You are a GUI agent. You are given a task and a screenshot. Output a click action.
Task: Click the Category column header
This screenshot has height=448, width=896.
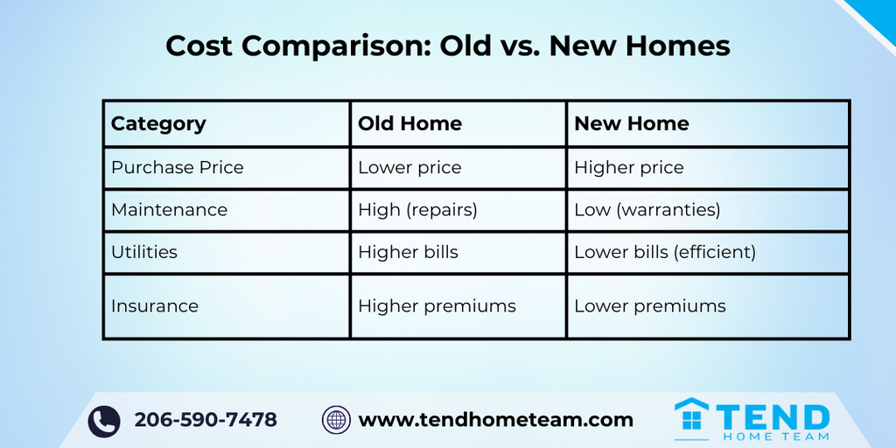pyautogui.click(x=158, y=124)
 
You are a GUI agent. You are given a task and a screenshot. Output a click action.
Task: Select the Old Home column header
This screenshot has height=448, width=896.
pyautogui.click(x=409, y=124)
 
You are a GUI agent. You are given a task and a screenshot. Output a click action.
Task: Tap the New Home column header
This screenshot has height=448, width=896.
pyautogui.click(x=632, y=124)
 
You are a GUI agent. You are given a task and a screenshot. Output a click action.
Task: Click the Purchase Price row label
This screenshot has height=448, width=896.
pyautogui.click(x=177, y=167)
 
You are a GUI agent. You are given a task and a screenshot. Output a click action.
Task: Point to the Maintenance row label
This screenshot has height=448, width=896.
pyautogui.click(x=169, y=210)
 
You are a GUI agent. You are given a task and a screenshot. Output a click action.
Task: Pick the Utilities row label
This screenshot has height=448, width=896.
pyautogui.click(x=144, y=252)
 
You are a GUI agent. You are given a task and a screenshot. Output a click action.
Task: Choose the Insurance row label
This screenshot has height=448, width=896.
pyautogui.click(x=154, y=305)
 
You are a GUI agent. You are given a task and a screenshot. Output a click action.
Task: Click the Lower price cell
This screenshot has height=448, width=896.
pyautogui.click(x=409, y=167)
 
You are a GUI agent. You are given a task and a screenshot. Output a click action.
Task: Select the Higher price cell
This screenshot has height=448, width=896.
pyautogui.click(x=628, y=167)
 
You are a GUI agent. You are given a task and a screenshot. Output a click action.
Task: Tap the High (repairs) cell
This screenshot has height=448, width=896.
pyautogui.click(x=417, y=210)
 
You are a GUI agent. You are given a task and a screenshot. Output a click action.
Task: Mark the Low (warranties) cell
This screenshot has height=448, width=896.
pyautogui.click(x=647, y=210)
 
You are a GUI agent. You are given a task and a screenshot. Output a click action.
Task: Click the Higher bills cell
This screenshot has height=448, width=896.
pyautogui.click(x=408, y=253)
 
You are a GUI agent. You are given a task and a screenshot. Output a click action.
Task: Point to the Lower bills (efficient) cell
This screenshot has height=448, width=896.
pyautogui.click(x=665, y=253)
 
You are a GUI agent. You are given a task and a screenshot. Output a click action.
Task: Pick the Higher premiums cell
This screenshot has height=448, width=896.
pyautogui.click(x=437, y=306)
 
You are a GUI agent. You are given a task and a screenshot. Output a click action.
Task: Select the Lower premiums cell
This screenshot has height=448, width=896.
pyautogui.click(x=650, y=306)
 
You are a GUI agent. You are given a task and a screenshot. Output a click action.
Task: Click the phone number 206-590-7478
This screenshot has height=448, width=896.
pyautogui.click(x=206, y=420)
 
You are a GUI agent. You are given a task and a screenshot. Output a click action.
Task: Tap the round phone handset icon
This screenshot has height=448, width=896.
pyautogui.click(x=104, y=422)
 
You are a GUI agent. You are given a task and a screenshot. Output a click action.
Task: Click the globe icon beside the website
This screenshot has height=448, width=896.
pyautogui.click(x=336, y=420)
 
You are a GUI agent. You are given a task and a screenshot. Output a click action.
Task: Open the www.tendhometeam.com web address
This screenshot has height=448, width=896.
pyautogui.click(x=495, y=420)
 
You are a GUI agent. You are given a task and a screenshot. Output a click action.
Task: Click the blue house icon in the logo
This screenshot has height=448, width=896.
pyautogui.click(x=691, y=415)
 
